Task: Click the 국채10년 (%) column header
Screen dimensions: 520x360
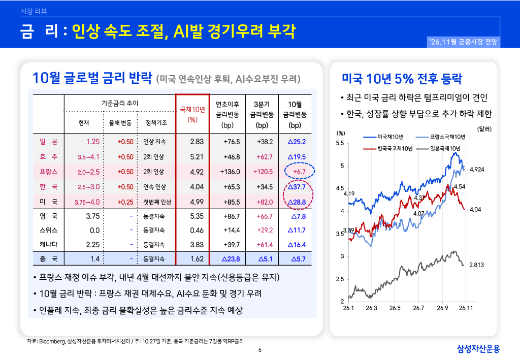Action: [192, 114]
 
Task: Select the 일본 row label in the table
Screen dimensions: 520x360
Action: [49, 142]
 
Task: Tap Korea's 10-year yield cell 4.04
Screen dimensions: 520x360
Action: [197, 187]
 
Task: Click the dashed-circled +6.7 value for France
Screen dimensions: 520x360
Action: [299, 172]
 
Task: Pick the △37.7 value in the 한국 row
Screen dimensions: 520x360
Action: [297, 187]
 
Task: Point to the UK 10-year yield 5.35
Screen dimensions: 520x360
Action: [197, 216]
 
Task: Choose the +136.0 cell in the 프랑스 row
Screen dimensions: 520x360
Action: [230, 172]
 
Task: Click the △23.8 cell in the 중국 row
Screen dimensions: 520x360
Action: [231, 259]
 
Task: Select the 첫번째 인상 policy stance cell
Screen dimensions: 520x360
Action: [157, 202]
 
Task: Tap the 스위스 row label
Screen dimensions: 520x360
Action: [48, 230]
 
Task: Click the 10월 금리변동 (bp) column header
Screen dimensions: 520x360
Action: [295, 115]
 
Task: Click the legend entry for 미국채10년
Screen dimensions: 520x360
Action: [383, 137]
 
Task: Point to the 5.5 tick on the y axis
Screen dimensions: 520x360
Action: [340, 143]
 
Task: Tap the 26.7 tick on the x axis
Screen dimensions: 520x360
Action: [418, 308]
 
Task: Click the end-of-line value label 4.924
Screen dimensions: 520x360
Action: [477, 170]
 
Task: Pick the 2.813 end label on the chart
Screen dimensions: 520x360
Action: [476, 265]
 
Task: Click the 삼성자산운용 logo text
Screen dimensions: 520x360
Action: [478, 348]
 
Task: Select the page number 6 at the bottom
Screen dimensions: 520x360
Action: [259, 350]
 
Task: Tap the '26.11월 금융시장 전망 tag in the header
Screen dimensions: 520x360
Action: [463, 42]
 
